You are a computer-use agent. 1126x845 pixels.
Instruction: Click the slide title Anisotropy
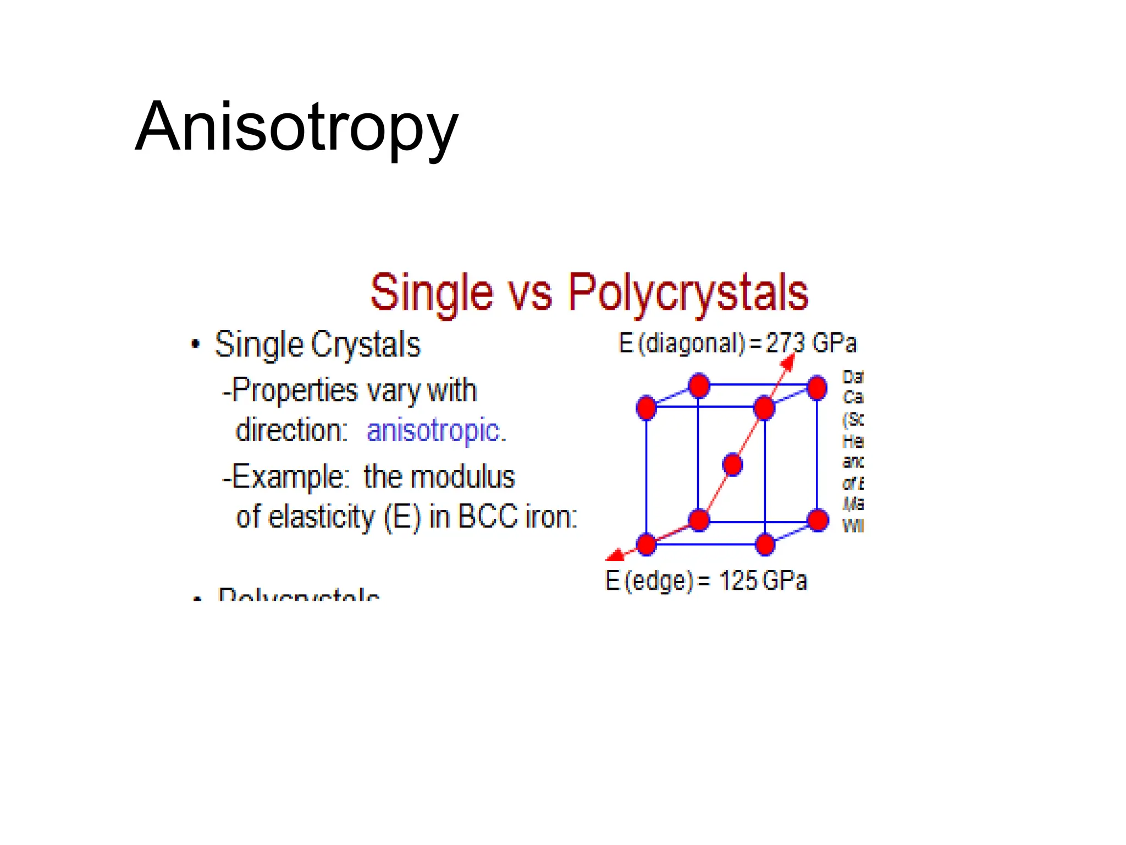296,128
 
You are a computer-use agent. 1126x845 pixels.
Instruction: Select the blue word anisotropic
435,430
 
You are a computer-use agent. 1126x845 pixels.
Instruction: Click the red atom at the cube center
732,465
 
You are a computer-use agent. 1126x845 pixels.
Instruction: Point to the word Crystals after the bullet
366,345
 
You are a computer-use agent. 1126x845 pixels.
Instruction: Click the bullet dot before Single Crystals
195,345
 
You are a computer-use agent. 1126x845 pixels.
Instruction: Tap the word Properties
295,391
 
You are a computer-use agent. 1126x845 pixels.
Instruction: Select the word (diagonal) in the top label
691,343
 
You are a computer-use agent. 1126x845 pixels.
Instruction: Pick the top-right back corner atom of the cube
817,387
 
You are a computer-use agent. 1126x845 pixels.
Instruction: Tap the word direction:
291,430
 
